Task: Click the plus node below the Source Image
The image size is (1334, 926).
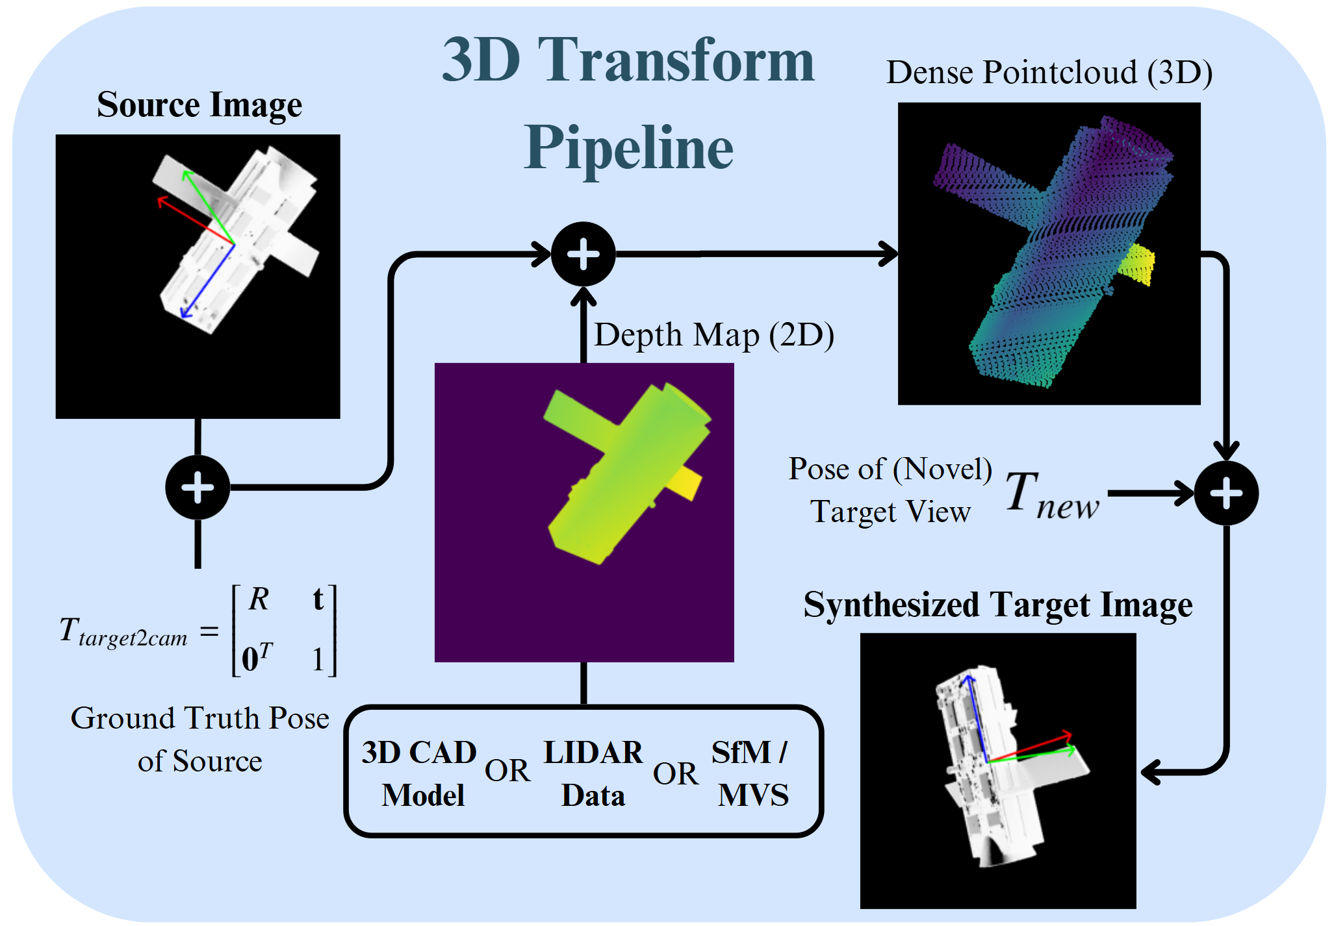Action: [x=198, y=488]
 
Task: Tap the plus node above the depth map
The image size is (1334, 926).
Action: [x=583, y=254]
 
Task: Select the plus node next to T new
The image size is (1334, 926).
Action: [x=1226, y=494]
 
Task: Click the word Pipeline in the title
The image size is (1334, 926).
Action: [x=628, y=149]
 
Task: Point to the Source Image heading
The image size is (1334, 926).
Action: [x=199, y=105]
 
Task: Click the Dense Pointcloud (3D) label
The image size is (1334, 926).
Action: [x=1049, y=72]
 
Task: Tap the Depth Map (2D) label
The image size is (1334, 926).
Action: [x=713, y=335]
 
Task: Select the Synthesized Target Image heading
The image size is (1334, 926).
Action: [x=997, y=605]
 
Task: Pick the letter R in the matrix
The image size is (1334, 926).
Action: [x=259, y=599]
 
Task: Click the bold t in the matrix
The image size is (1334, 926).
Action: [x=318, y=599]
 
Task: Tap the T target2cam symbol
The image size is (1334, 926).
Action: [x=123, y=631]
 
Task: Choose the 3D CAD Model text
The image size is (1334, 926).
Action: [x=420, y=773]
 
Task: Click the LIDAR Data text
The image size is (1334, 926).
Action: [x=593, y=773]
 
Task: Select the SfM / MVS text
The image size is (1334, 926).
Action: [x=751, y=773]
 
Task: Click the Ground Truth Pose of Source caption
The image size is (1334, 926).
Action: [x=199, y=740]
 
